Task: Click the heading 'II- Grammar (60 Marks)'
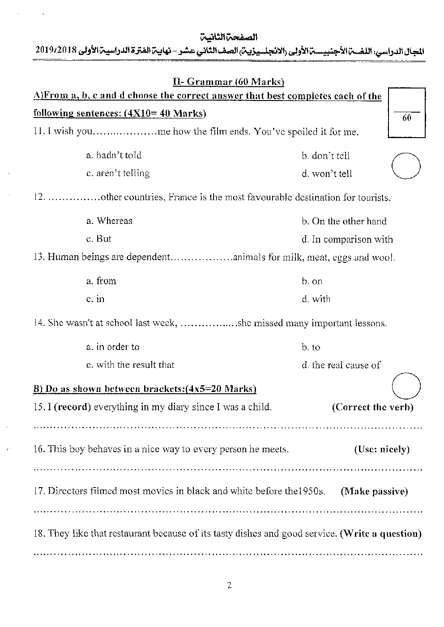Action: (229, 81)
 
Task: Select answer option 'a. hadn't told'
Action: (114, 156)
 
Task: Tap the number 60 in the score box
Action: (407, 118)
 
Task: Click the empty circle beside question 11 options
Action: (406, 166)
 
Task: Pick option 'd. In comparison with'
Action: (347, 240)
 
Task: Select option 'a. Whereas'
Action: (109, 221)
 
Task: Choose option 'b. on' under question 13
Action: (312, 281)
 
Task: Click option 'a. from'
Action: (101, 281)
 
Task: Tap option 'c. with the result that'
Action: (130, 365)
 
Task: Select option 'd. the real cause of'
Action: (341, 365)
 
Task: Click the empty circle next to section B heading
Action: (406, 385)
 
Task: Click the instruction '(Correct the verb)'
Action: (373, 407)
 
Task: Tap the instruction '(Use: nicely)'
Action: (381, 450)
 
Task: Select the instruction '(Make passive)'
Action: (374, 492)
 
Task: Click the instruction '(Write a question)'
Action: (381, 534)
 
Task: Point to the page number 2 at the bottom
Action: (229, 585)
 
